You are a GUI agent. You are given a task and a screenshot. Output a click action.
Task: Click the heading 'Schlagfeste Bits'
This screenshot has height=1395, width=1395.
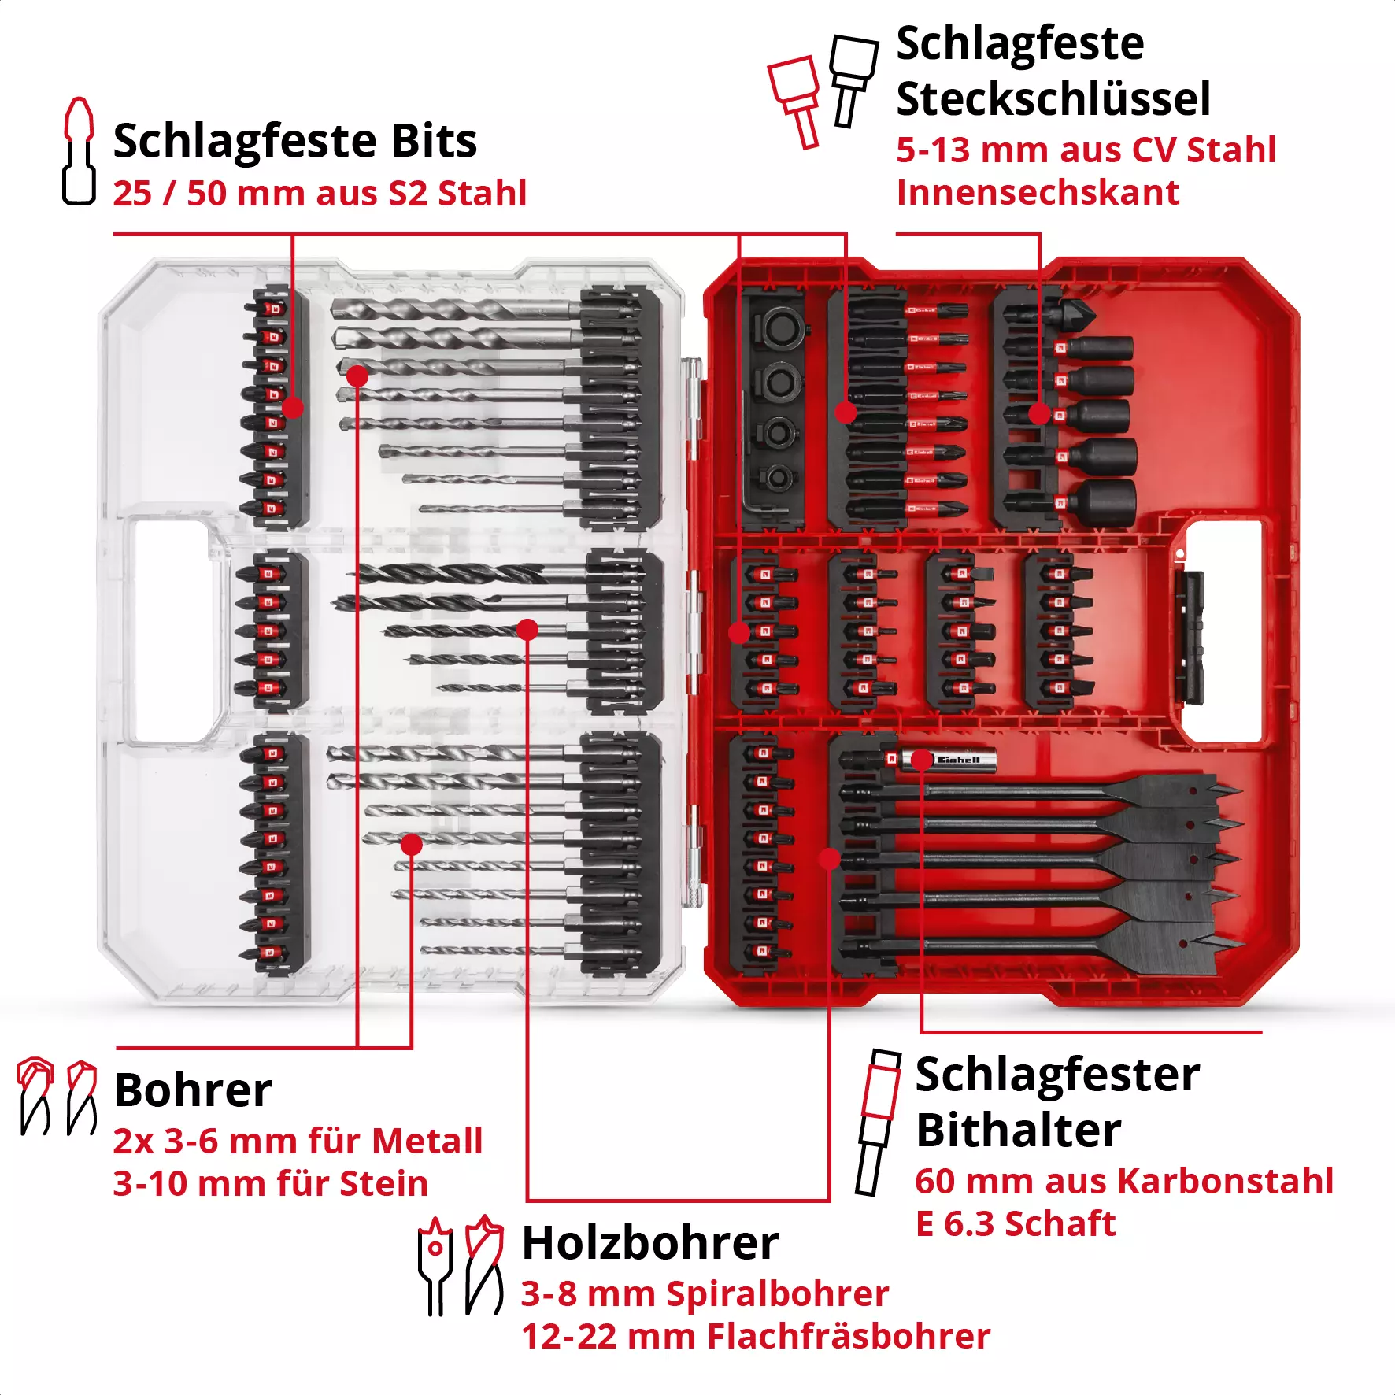294,141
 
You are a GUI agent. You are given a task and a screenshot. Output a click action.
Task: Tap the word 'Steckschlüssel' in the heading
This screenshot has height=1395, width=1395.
1053,99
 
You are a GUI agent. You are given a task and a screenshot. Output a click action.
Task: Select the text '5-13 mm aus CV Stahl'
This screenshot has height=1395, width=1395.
1086,150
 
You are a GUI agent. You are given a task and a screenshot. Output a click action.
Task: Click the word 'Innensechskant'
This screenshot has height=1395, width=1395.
1038,193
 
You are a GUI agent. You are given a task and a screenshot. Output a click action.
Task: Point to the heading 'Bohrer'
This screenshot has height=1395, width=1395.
193,1090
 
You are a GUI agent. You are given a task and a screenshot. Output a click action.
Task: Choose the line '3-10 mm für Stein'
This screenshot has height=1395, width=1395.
270,1183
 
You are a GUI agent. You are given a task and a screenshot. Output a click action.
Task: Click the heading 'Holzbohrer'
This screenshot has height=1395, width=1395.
649,1243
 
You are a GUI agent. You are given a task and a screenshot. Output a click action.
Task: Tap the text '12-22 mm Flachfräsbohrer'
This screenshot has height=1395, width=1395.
755,1336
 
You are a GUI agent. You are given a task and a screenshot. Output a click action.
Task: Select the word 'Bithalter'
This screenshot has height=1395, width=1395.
1018,1130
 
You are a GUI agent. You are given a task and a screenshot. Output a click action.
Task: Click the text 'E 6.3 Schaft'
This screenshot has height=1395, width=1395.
1015,1223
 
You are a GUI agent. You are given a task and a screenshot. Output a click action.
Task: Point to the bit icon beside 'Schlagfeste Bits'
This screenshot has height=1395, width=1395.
79,151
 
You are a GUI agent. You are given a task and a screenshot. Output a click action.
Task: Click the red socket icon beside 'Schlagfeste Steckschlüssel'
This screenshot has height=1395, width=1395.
795,101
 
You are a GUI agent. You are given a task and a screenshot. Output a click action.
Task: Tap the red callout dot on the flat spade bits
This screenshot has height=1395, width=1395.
829,859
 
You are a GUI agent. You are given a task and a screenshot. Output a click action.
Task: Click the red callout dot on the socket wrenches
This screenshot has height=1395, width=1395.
1039,413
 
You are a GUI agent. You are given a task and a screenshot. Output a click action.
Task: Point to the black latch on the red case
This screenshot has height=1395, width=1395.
1190,638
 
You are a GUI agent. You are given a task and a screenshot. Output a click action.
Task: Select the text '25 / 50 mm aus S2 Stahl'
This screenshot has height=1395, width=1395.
319,194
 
